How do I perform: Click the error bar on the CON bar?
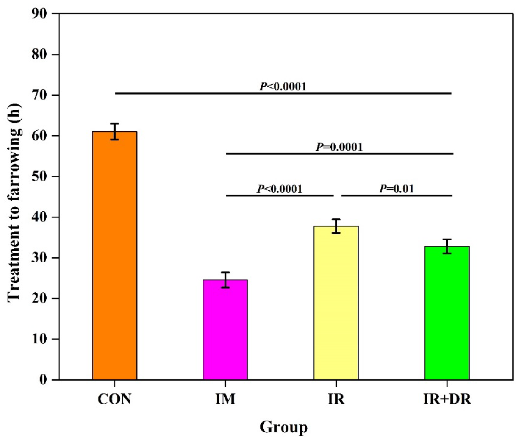(115, 131)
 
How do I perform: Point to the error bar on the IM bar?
(225, 280)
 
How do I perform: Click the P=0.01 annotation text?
(396, 189)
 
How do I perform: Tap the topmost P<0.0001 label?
(283, 86)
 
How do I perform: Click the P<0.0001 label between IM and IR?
(279, 189)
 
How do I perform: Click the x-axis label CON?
(114, 399)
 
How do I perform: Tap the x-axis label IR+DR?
(447, 399)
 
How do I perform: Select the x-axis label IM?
(225, 399)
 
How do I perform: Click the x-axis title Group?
(283, 427)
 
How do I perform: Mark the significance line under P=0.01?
(396, 195)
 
